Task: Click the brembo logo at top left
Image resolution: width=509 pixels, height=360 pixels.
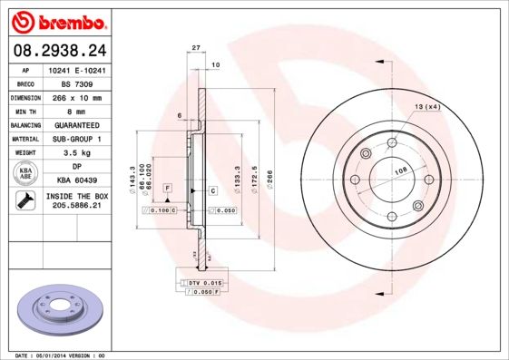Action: click(55, 21)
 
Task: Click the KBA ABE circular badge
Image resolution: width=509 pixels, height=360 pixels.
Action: click(26, 174)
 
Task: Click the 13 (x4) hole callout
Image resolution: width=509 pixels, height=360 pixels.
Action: click(426, 107)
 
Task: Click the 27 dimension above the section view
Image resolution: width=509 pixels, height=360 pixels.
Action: click(195, 47)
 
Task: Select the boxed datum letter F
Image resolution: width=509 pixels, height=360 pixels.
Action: click(168, 187)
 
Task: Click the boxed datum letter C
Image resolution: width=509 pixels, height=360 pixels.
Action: click(212, 190)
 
